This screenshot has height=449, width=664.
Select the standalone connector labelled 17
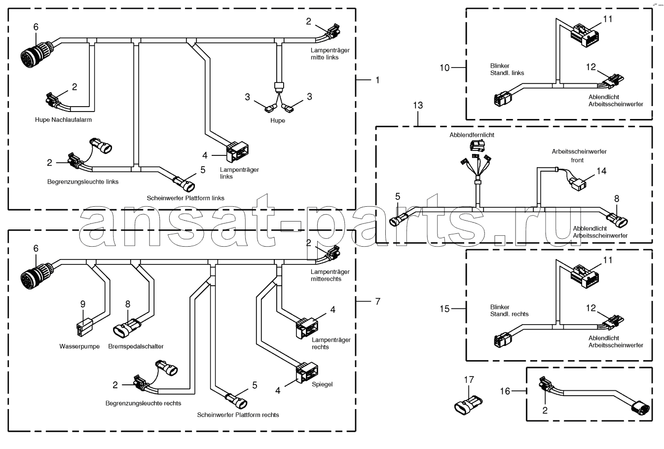[x=468, y=405]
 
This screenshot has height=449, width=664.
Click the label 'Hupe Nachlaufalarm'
[x=63, y=120]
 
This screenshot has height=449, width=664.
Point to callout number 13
[x=418, y=105]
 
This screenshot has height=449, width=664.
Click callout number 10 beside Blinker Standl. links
[x=444, y=68]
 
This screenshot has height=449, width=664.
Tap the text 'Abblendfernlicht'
[x=472, y=135]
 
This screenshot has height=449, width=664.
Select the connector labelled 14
[x=577, y=184]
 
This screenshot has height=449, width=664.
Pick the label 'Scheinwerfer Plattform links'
[x=185, y=198]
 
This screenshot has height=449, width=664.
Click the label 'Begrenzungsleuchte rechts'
[x=143, y=403]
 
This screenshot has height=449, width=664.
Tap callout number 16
[x=505, y=391]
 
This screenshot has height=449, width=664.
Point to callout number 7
[x=378, y=301]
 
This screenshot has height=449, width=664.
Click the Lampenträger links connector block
[x=237, y=152]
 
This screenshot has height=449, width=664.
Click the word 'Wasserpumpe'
[x=79, y=346]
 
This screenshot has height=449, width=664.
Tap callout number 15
[x=444, y=309]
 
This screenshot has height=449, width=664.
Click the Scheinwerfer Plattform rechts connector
[x=237, y=400]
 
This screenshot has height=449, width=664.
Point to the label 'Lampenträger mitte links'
[x=330, y=54]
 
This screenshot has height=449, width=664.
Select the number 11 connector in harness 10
[x=584, y=36]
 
